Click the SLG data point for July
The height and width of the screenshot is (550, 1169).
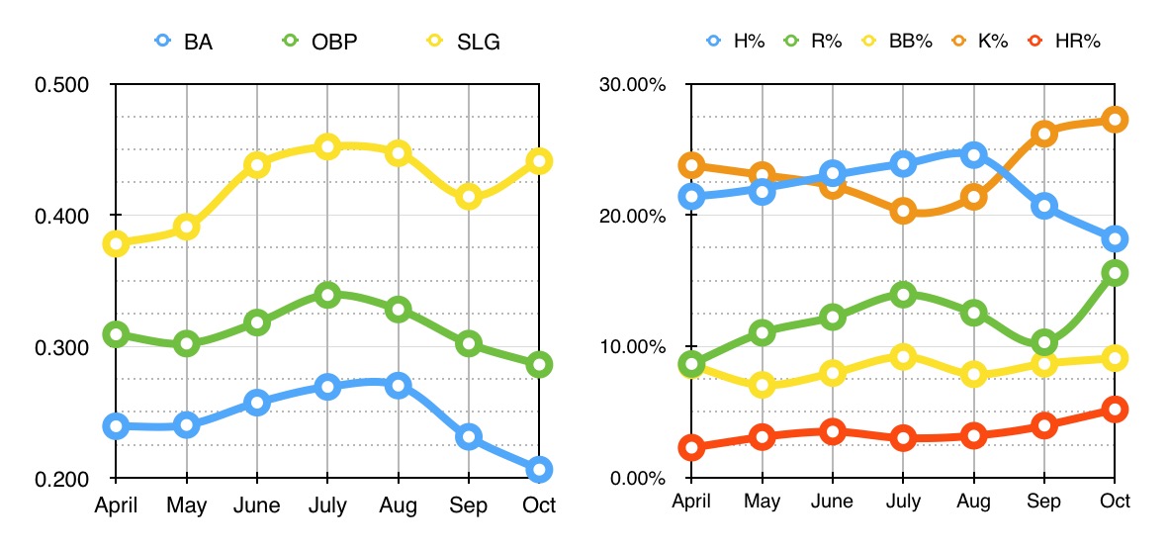click(327, 146)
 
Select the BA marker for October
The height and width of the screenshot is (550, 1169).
click(539, 470)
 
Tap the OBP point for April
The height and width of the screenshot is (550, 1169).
click(116, 333)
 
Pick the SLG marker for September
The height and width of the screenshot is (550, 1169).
click(469, 197)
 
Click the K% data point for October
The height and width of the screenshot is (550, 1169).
click(1115, 120)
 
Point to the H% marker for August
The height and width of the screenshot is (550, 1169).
click(974, 154)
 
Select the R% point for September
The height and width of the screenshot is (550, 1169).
click(1044, 343)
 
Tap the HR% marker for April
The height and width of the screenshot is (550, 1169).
click(691, 448)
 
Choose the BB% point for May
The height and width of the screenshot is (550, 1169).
click(762, 386)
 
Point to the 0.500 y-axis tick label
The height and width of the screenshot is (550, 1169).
click(62, 84)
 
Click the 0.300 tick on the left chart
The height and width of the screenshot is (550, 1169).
click(62, 347)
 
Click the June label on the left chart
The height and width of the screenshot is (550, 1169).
click(257, 505)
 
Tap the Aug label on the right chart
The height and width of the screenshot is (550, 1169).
click(974, 502)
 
